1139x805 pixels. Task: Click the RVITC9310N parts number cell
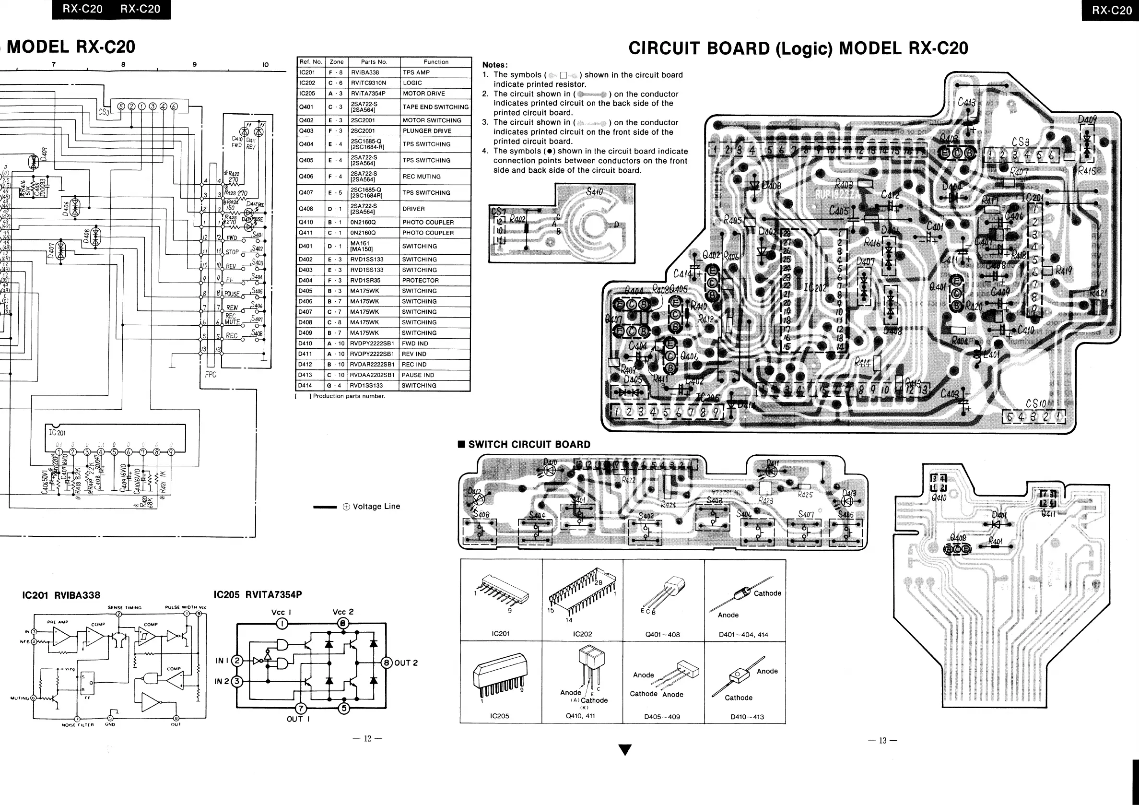[368, 83]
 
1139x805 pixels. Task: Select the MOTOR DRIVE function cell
[423, 93]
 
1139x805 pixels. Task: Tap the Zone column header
[336, 62]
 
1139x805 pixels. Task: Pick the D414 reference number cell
[305, 386]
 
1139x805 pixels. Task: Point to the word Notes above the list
[494, 65]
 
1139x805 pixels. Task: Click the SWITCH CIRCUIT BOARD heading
[529, 445]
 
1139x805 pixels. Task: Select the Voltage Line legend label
[376, 507]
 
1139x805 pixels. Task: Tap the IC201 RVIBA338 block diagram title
[61, 595]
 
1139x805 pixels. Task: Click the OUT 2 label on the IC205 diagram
[406, 663]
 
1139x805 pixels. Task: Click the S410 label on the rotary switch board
[594, 192]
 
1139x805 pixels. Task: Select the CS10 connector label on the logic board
[1036, 404]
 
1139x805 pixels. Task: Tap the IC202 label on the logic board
[815, 288]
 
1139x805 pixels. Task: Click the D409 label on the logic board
[1087, 120]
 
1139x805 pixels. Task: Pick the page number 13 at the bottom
[882, 741]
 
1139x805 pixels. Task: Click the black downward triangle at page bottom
[625, 750]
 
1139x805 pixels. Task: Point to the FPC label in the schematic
[211, 375]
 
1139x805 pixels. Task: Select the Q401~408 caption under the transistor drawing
[662, 635]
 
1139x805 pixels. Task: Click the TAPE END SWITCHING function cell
[435, 107]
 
